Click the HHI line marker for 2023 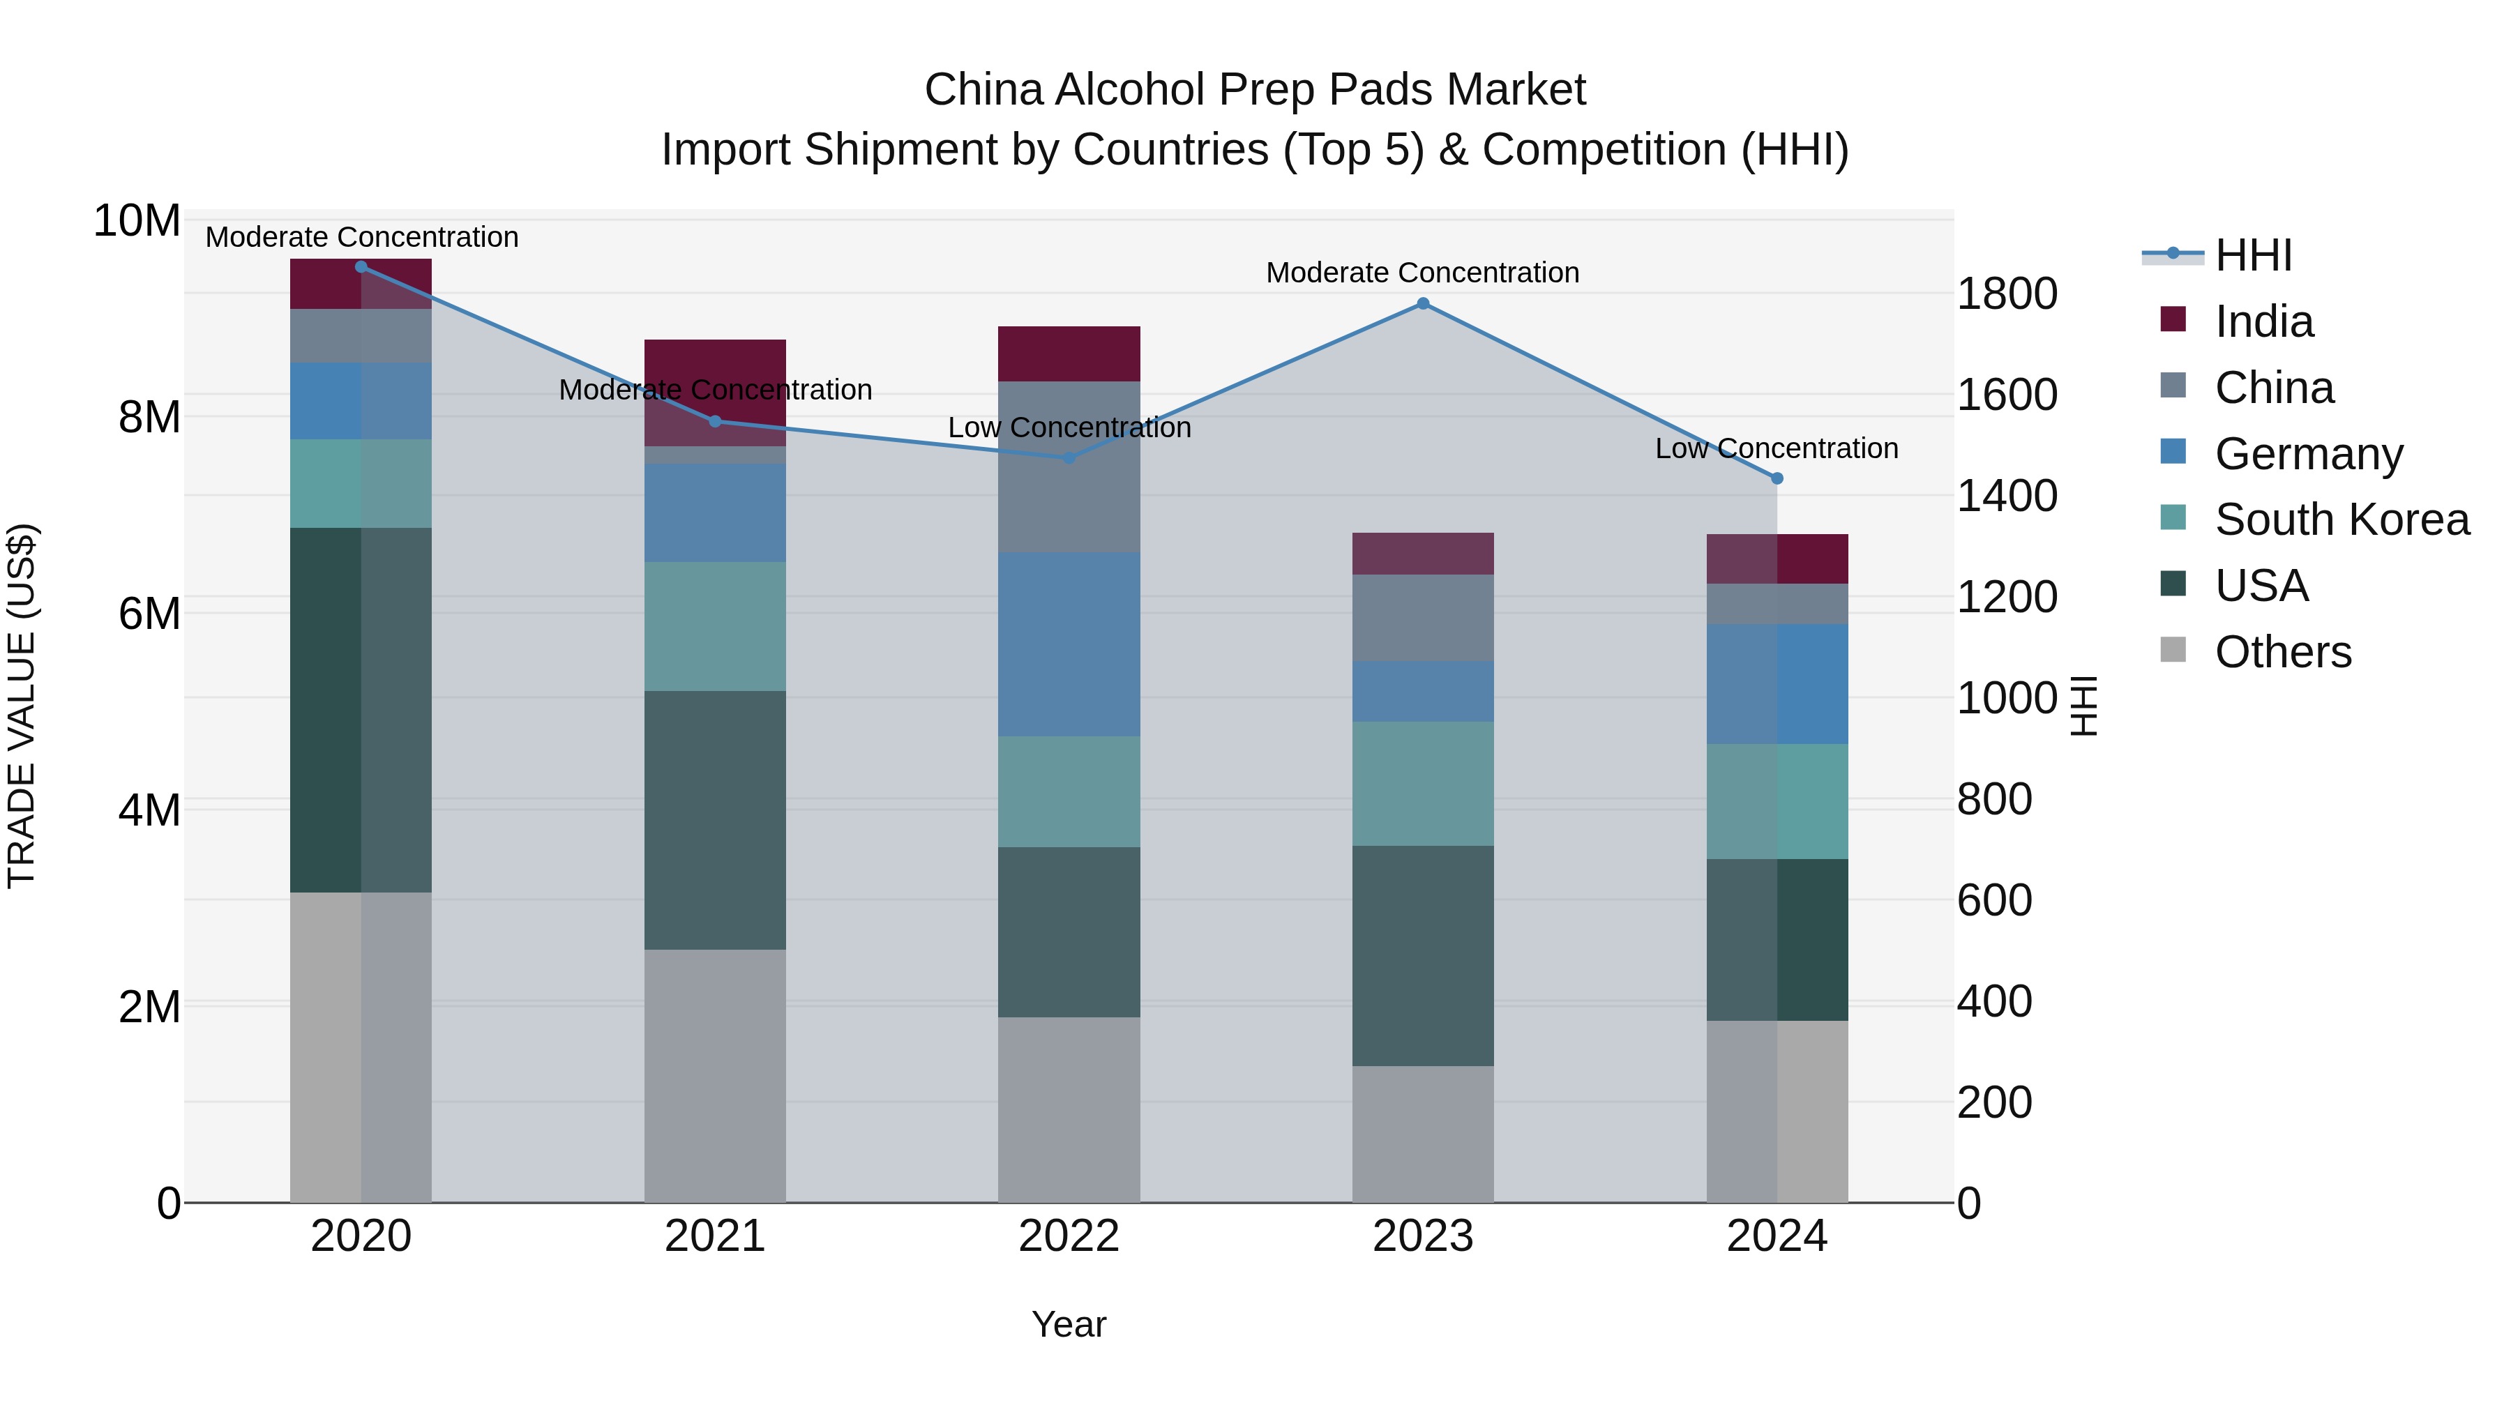pos(1422,303)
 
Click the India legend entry pos(2263,321)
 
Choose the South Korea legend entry pos(2342,519)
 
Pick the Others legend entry pos(2282,652)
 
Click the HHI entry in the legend pos(2253,255)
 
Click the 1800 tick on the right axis pos(2006,294)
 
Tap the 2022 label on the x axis pos(1069,1236)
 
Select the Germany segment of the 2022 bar pos(1069,644)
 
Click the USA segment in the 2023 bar pos(1422,955)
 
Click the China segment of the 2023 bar pos(1422,618)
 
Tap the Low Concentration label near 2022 pos(1069,428)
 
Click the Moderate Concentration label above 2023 pos(1422,273)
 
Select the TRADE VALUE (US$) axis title pos(22,706)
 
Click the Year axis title pos(1069,1324)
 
